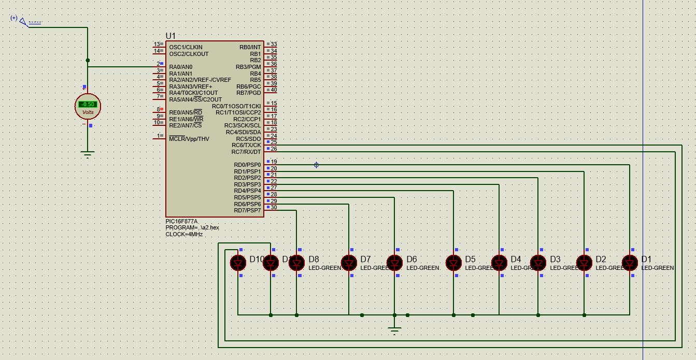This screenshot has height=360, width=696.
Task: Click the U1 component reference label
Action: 171,36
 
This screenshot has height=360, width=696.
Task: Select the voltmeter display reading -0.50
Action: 88,104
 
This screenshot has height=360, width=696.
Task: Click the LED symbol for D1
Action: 630,263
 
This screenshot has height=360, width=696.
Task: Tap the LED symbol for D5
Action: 453,263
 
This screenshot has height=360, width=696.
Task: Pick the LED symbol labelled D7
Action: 349,263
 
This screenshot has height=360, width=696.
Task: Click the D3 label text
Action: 555,259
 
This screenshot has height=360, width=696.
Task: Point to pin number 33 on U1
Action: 274,45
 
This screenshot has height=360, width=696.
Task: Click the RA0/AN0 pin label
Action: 180,67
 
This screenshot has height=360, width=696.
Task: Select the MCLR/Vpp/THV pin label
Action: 189,139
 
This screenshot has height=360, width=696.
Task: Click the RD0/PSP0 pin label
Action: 247,165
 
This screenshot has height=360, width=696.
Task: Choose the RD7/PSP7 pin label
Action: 247,210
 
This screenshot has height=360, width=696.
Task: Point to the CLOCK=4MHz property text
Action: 184,234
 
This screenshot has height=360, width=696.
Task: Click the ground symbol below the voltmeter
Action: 88,154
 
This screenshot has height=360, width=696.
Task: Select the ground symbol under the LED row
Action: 394,330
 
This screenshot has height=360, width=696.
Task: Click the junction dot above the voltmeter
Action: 88,60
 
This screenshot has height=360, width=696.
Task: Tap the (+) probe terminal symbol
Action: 22,21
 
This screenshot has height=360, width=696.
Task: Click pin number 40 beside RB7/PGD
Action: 274,90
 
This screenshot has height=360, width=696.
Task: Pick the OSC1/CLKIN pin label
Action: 186,47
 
